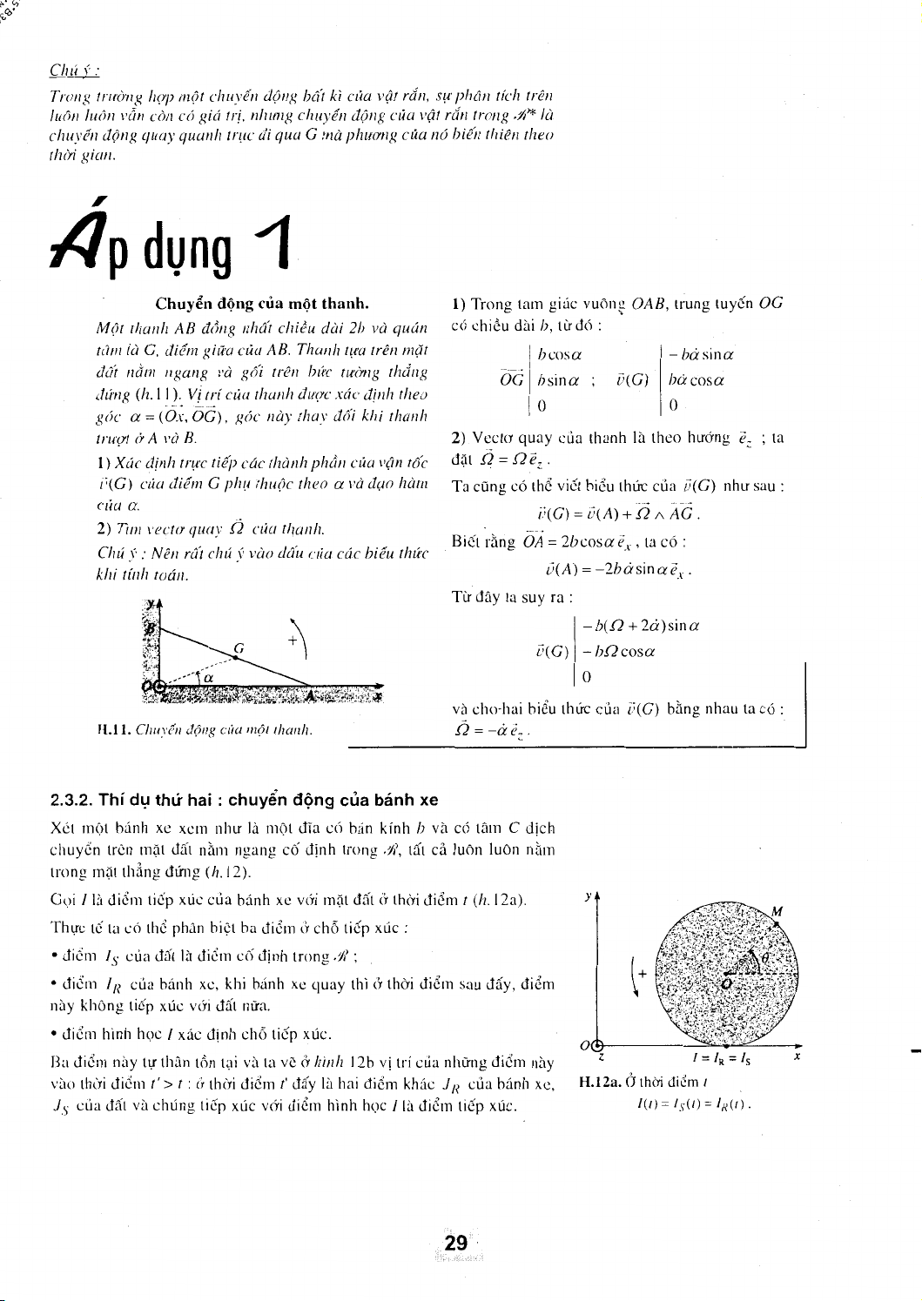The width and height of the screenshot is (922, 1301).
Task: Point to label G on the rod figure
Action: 237,647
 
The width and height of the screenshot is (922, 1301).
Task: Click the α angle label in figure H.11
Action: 208,677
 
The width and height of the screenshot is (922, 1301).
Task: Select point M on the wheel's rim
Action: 777,911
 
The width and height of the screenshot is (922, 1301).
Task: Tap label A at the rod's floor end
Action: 312,695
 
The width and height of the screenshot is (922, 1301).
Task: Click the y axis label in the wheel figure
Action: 589,895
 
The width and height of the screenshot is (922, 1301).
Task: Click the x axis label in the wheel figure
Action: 797,1058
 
